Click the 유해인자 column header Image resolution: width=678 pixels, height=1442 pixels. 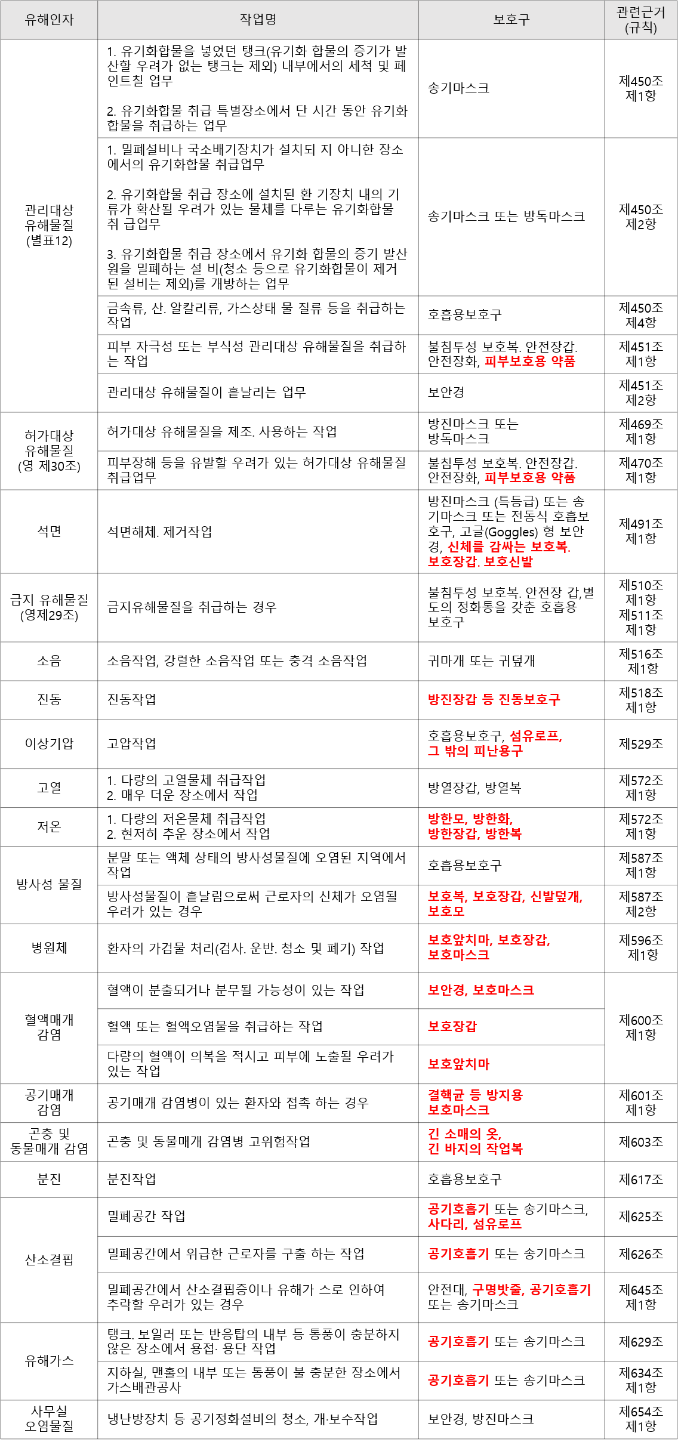tap(49, 20)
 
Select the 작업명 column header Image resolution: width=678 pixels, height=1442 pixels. tap(258, 20)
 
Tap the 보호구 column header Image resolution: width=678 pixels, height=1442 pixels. tap(511, 20)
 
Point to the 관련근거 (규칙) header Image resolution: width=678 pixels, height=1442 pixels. tap(640, 20)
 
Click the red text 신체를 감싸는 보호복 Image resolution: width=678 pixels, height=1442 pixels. tap(509, 546)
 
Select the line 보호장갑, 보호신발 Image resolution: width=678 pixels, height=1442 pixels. tap(480, 561)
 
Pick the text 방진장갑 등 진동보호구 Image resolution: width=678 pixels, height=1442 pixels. tap(494, 699)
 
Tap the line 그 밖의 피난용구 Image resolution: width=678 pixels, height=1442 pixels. tap(475, 751)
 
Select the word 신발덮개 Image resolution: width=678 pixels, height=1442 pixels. tap(555, 896)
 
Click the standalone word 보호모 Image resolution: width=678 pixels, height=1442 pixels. tap(446, 911)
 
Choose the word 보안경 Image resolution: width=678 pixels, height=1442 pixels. tap(446, 990)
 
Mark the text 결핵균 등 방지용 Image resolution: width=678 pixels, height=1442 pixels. tap(475, 1095)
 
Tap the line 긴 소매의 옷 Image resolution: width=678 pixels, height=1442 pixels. tap(464, 1134)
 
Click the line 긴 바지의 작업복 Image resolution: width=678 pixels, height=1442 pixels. tap(475, 1148)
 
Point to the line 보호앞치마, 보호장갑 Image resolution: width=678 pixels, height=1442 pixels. tap(489, 940)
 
